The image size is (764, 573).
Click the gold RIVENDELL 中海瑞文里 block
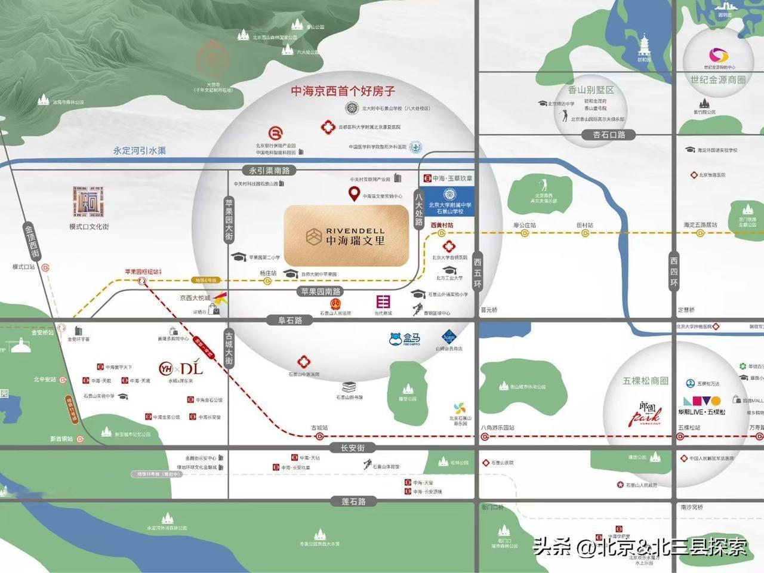pos(346,236)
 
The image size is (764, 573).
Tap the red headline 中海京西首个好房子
pos(343,91)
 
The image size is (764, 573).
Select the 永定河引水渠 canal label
pos(140,151)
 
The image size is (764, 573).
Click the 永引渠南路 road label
pos(269,171)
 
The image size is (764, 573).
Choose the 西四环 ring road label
pos(674,272)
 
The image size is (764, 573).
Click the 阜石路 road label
pos(290,321)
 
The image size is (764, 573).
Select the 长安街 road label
pos(352,448)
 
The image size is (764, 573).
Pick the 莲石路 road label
pos(353,501)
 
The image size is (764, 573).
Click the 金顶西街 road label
pos(31,241)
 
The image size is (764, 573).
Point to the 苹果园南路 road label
pos(321,291)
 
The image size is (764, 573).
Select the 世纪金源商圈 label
pos(718,79)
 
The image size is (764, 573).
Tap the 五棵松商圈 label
pos(645,381)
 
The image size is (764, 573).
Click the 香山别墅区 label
pos(590,90)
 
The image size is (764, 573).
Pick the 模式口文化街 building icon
pos(88,202)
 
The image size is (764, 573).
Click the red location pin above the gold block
pos(354,193)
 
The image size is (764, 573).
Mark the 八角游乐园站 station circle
pos(484,436)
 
